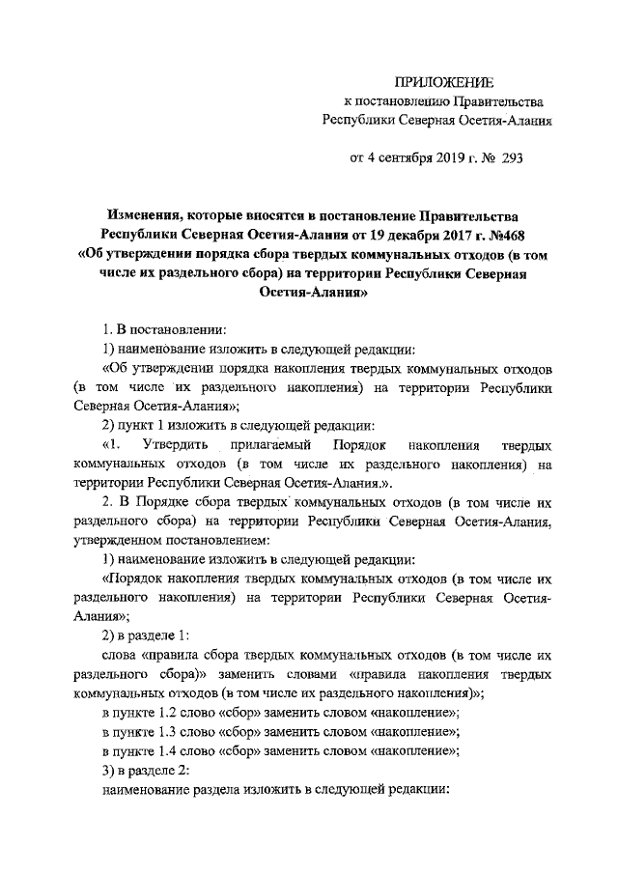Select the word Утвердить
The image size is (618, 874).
point(176,446)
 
